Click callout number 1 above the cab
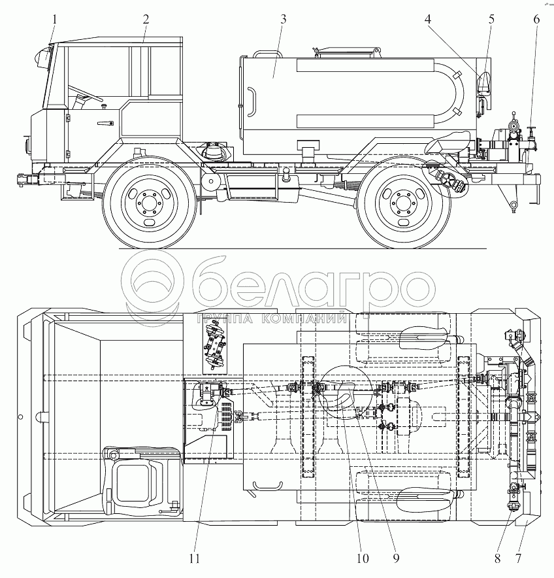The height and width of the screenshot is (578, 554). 54,19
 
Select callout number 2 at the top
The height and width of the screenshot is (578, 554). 146,19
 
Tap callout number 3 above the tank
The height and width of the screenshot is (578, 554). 283,19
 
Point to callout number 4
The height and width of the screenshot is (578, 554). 428,19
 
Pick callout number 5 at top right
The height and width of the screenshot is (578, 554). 491,19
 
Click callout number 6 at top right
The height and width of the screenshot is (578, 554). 536,19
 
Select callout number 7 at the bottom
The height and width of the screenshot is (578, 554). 518,558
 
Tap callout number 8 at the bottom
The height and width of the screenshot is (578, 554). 497,558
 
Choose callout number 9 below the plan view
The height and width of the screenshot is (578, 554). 396,558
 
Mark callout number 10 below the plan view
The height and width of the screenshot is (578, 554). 363,558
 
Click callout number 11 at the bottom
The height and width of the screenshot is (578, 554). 195,558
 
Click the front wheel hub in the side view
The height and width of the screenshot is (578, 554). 149,203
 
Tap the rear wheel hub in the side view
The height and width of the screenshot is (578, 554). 403,203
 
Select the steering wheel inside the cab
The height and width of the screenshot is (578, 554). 85,93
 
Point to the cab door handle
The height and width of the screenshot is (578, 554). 105,124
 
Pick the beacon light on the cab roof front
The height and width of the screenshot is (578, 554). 43,57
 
